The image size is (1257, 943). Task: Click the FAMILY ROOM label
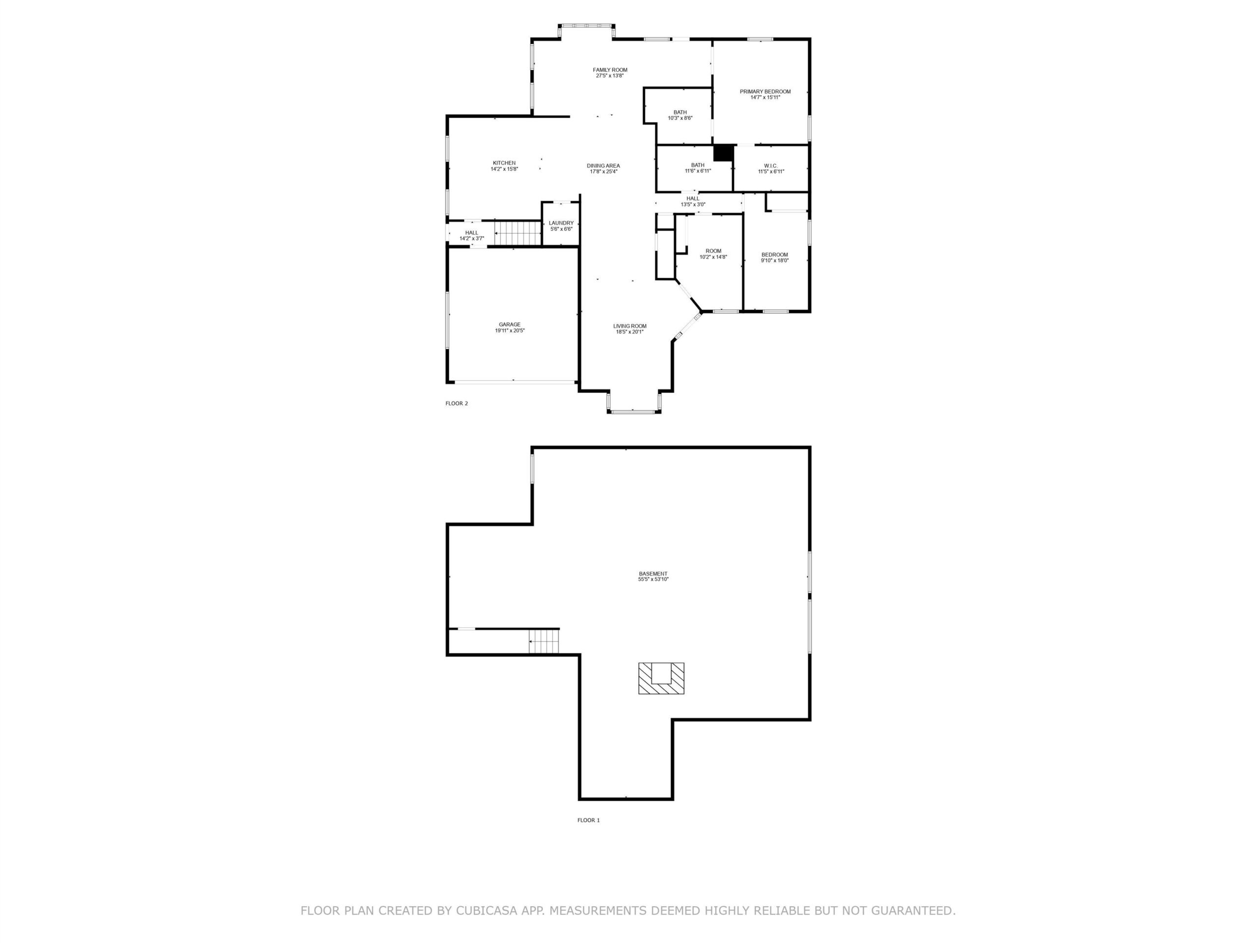pyautogui.click(x=610, y=70)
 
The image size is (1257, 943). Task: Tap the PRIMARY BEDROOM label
pyautogui.click(x=765, y=91)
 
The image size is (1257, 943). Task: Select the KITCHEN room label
pyautogui.click(x=504, y=163)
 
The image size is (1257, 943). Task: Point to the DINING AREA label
pyautogui.click(x=603, y=166)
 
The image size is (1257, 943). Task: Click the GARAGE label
pyautogui.click(x=510, y=325)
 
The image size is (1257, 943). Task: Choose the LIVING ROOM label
pyautogui.click(x=629, y=326)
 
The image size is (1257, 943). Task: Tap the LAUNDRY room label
pyautogui.click(x=561, y=223)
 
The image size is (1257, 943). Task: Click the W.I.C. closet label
pyautogui.click(x=770, y=166)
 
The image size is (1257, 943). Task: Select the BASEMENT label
pyautogui.click(x=653, y=574)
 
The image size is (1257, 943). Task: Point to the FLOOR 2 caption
pyautogui.click(x=456, y=404)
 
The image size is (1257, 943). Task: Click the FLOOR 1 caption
pyautogui.click(x=588, y=820)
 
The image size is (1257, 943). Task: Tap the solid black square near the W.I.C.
pyautogui.click(x=723, y=153)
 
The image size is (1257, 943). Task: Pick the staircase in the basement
pyautogui.click(x=545, y=641)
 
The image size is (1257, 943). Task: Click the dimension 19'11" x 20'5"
pyautogui.click(x=510, y=330)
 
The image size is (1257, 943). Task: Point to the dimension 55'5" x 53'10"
pyautogui.click(x=653, y=580)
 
